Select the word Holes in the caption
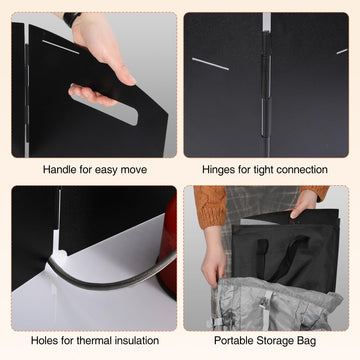[42, 341]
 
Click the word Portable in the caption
[234, 341]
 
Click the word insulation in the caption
[137, 341]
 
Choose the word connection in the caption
[302, 170]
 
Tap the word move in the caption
[133, 170]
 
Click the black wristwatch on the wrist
[72, 18]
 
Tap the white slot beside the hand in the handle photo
[61, 47]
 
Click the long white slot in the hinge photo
[210, 64]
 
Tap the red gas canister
[167, 247]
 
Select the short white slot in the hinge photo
[342, 51]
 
